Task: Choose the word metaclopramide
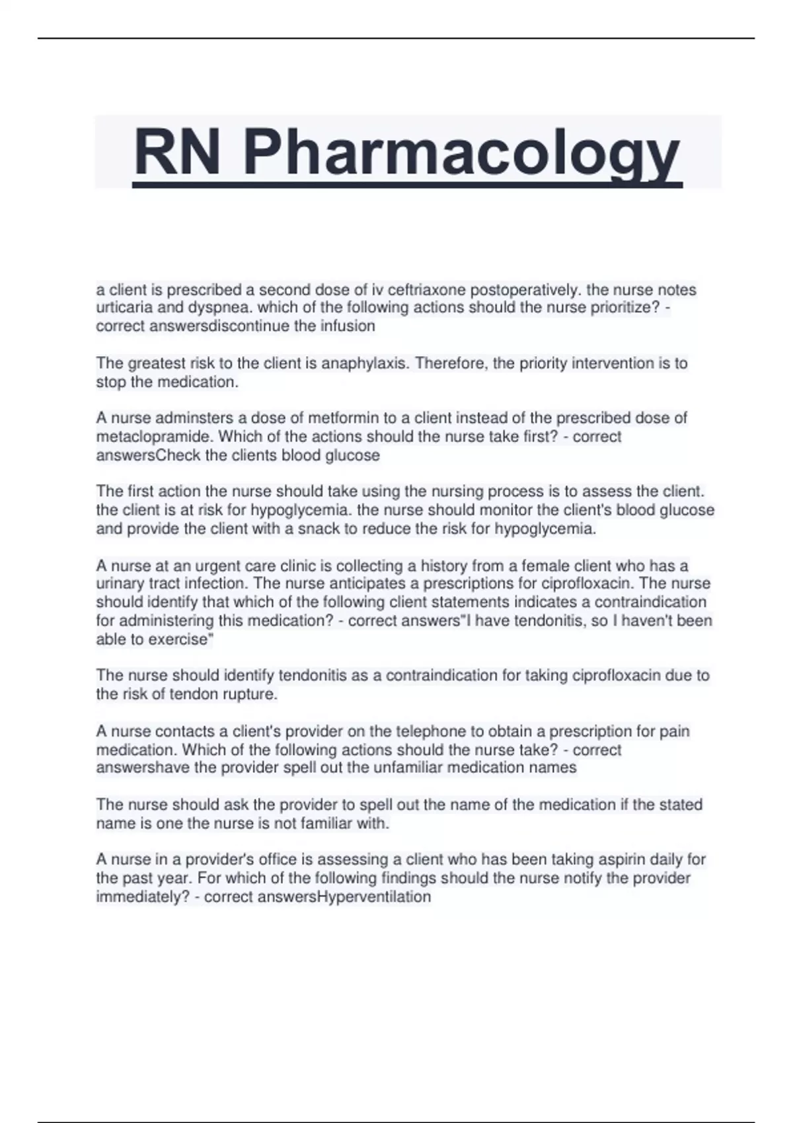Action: click(x=155, y=437)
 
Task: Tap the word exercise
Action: click(x=181, y=639)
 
